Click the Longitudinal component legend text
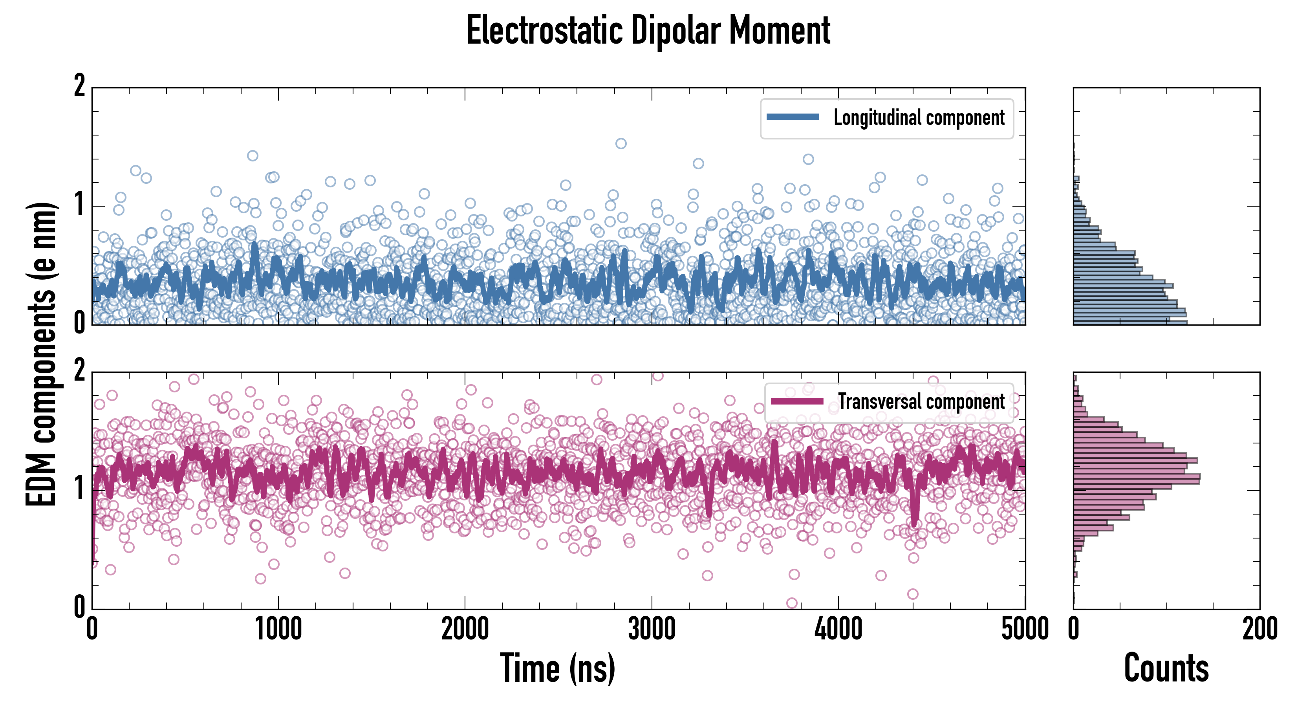(x=919, y=118)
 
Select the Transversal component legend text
(x=921, y=401)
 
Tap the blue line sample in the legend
(x=793, y=117)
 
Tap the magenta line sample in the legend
(x=797, y=401)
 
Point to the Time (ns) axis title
(x=557, y=668)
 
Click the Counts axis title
(x=1166, y=668)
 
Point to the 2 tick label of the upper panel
(x=79, y=86)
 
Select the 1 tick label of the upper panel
(x=79, y=205)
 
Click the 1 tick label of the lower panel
(x=79, y=489)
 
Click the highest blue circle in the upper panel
(x=621, y=143)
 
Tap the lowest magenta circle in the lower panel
(x=791, y=603)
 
